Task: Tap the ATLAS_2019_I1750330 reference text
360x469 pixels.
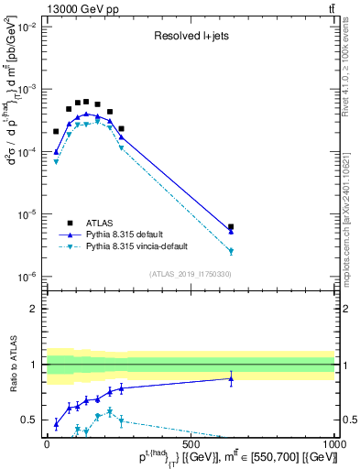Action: tap(191, 274)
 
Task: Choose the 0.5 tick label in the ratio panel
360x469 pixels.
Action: tap(30, 420)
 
